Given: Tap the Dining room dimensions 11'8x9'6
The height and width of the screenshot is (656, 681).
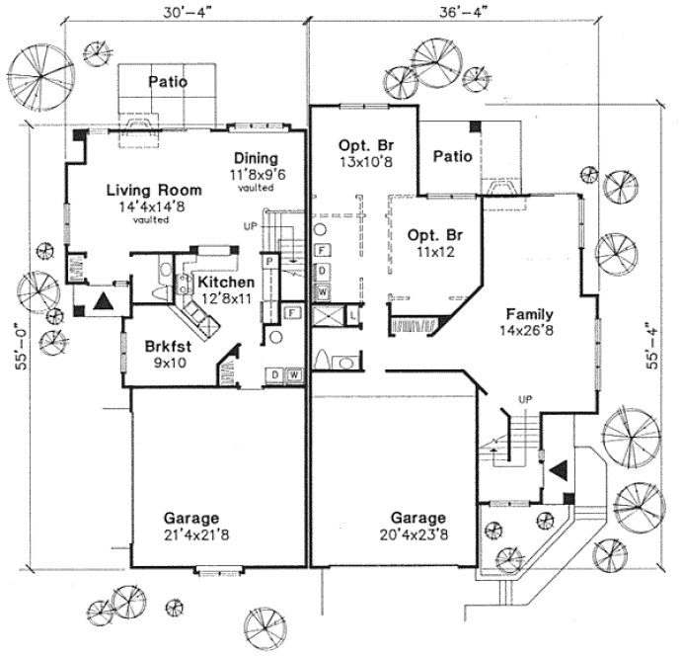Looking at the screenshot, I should [256, 175].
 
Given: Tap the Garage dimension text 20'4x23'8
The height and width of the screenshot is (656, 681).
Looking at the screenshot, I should [417, 534].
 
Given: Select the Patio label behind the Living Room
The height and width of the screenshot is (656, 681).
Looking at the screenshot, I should [168, 82].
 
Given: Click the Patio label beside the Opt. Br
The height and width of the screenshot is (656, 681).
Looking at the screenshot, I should [453, 155].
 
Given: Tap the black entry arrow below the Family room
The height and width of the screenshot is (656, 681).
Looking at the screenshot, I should [557, 472].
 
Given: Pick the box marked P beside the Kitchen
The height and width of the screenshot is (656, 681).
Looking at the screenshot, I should [267, 260].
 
